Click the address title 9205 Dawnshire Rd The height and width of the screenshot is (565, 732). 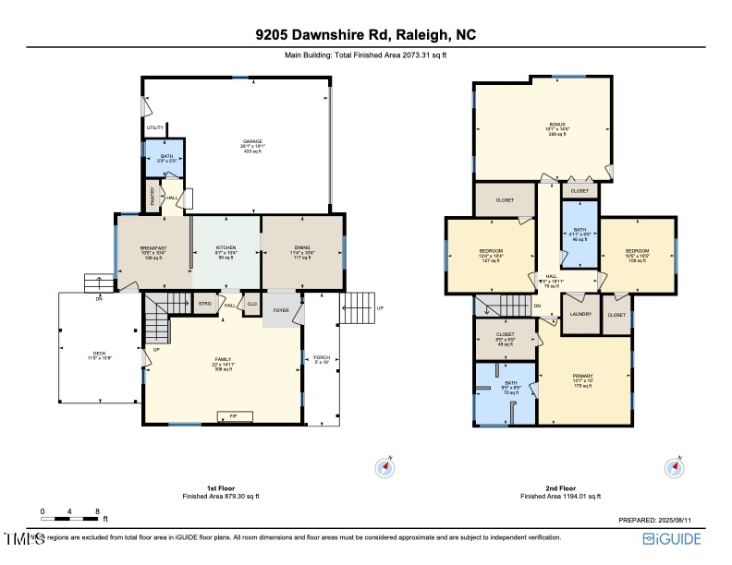point(365,35)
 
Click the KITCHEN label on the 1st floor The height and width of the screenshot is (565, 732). point(226,247)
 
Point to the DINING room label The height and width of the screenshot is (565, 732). point(302,247)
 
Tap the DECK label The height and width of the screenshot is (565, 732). point(99,354)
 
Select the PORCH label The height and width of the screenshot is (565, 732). point(322,357)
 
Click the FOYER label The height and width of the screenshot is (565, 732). point(281,310)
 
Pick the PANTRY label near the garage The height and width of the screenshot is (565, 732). point(152,197)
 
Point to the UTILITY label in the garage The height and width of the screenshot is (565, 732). point(154,127)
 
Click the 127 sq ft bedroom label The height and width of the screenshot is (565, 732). point(491,252)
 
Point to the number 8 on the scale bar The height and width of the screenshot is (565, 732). point(97,511)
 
